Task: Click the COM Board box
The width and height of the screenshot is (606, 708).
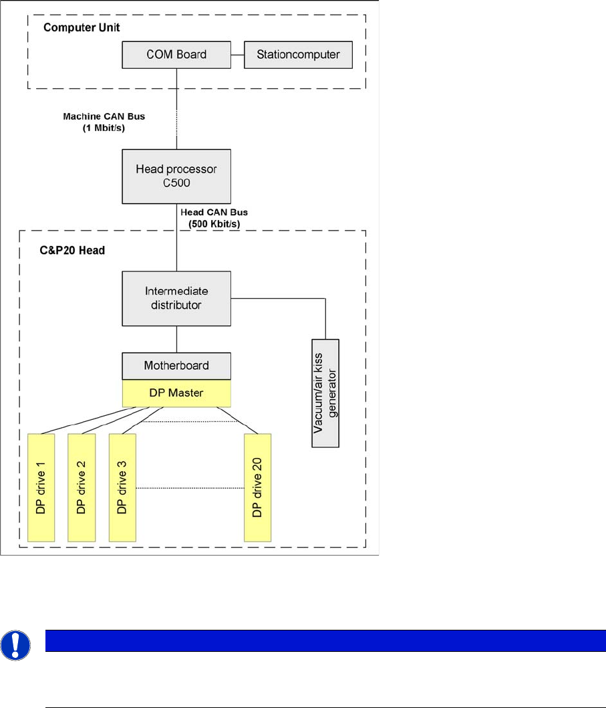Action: pyautogui.click(x=176, y=55)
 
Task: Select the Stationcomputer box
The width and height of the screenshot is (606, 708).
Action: pyautogui.click(x=298, y=55)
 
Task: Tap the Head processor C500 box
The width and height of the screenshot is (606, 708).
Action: pyautogui.click(x=176, y=175)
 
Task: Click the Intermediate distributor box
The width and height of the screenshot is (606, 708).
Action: pyautogui.click(x=176, y=298)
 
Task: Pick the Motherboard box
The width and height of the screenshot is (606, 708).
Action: pyautogui.click(x=176, y=366)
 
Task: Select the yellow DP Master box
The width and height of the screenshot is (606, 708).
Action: pyautogui.click(x=176, y=393)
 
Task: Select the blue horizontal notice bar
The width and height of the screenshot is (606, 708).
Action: pyautogui.click(x=325, y=640)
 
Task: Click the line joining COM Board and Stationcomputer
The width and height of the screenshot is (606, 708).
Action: pyautogui.click(x=237, y=55)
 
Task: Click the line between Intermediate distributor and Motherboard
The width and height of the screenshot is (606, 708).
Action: pyautogui.click(x=176, y=340)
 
